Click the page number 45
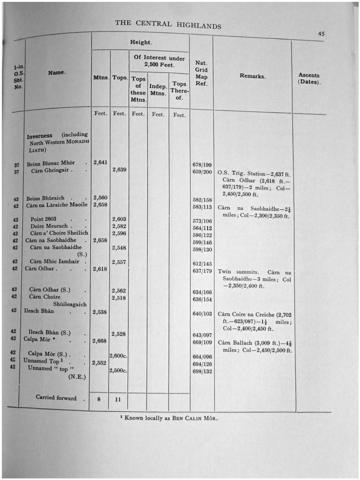point(321,34)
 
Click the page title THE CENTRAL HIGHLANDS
point(168,24)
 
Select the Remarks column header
point(253,76)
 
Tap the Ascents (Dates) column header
point(309,78)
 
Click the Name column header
point(57,73)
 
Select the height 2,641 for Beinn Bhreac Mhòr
point(100,163)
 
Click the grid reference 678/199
point(202,165)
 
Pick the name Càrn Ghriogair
point(52,171)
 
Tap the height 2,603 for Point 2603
point(119,219)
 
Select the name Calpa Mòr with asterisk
point(40,339)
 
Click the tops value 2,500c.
point(119,371)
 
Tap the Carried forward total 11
point(119,400)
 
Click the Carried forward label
point(56,398)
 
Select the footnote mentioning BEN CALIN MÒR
point(169,418)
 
